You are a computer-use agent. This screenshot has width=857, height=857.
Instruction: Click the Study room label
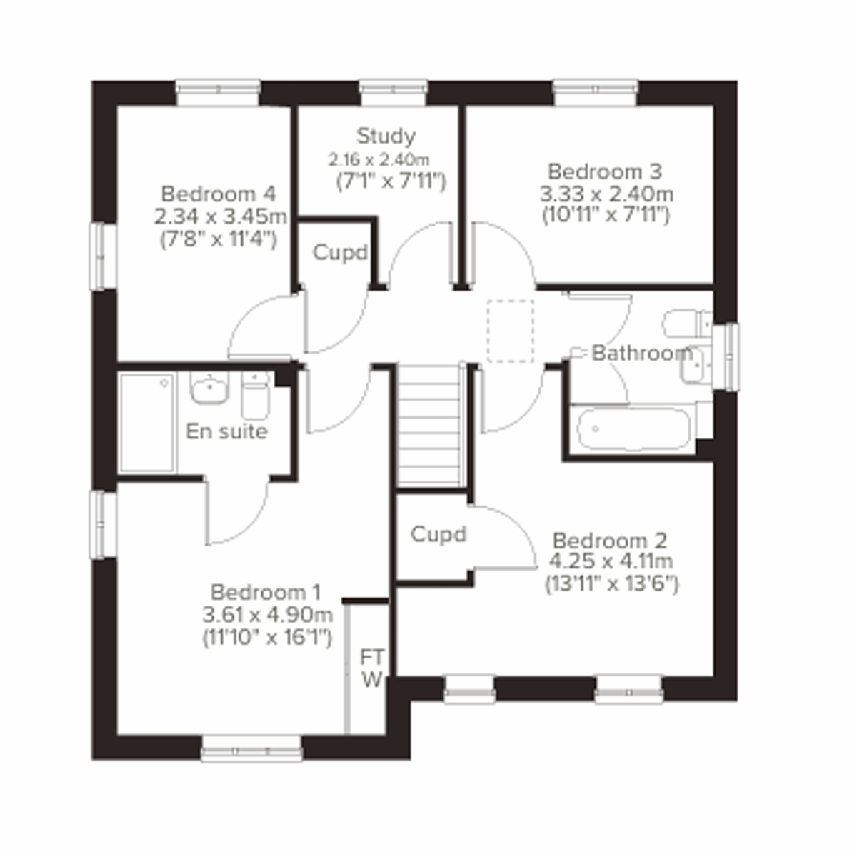386,135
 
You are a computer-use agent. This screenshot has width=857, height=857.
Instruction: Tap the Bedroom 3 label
604,171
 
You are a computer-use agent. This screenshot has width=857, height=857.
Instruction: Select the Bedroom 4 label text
218,194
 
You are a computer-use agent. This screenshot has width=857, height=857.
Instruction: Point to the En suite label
226,431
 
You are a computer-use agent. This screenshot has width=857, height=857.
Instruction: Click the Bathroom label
642,353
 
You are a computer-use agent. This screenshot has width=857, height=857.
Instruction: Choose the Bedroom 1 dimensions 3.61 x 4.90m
267,615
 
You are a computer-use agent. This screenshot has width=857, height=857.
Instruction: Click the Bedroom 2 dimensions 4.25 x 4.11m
611,562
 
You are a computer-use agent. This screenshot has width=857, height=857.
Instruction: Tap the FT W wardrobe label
371,668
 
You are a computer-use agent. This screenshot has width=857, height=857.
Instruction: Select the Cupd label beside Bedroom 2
438,534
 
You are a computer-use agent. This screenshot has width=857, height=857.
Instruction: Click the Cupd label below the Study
340,253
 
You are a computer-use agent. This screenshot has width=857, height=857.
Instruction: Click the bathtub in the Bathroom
633,428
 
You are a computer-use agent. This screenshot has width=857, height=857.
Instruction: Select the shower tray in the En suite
147,422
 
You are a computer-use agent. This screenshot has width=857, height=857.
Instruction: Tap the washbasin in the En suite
209,389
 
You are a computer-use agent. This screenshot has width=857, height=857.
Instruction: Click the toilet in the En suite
255,397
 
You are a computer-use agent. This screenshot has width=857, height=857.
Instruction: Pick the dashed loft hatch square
510,331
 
